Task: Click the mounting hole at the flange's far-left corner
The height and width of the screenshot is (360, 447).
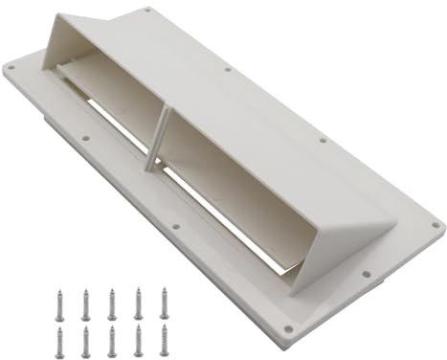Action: tap(11, 69)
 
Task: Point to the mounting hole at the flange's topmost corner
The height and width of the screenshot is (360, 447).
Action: tap(146, 11)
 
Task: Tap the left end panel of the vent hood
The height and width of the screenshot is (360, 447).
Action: tap(61, 47)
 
